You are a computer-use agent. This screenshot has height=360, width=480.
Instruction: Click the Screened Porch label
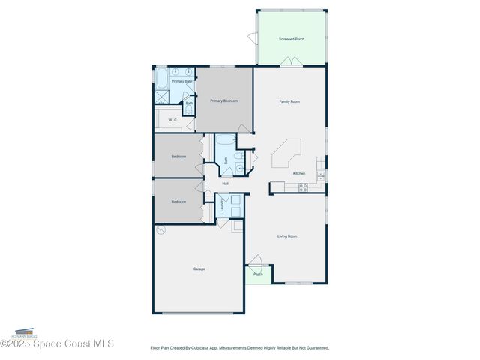tap(291, 39)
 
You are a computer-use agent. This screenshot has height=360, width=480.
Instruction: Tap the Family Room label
tap(289, 101)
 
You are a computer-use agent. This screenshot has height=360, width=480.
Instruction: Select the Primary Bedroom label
tap(223, 100)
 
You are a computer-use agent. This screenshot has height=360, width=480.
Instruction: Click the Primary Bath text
tap(182, 81)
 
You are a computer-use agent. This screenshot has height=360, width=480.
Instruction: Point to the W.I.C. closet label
tap(172, 120)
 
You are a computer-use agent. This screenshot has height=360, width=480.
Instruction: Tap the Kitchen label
tap(298, 173)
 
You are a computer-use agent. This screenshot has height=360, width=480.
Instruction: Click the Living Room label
tap(287, 236)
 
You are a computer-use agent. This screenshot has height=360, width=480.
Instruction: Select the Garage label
tap(199, 268)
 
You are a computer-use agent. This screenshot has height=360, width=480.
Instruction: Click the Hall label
tap(225, 184)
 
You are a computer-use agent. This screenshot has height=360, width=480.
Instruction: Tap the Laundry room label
tap(223, 205)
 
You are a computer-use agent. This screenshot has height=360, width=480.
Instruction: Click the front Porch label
tap(258, 274)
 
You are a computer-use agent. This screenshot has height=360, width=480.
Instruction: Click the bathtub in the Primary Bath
tap(161, 79)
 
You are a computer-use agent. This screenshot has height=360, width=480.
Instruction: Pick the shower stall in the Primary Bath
tap(162, 97)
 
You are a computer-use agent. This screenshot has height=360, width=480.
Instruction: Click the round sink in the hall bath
tap(241, 169)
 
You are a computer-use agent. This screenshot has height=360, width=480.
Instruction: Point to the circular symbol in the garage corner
tap(160, 231)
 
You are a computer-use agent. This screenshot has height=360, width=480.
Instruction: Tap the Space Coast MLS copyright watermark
tap(57, 344)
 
